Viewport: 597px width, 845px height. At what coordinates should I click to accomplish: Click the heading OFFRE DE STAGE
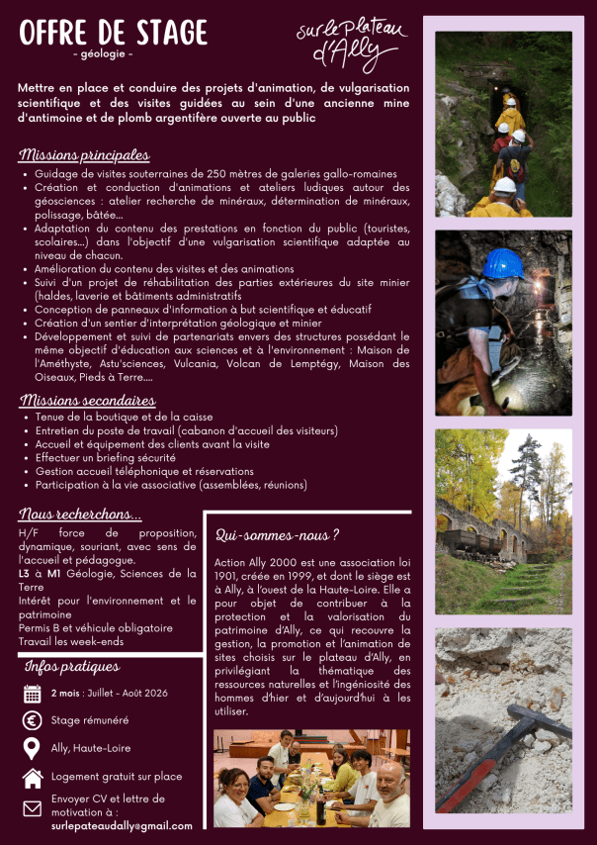coord(113,32)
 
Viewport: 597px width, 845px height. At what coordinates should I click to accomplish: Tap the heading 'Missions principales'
coord(84,156)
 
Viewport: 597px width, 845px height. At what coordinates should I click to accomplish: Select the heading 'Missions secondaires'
coord(87,401)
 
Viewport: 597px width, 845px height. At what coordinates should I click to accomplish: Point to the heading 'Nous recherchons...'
coord(80,515)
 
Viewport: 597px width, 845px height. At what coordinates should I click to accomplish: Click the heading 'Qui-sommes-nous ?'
coord(278,535)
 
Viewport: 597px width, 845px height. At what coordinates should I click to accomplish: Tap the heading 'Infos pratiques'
coord(71,667)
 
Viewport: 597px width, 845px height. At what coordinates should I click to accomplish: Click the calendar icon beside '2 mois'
coord(33,693)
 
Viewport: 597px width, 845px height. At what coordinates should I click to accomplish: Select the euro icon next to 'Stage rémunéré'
coord(33,720)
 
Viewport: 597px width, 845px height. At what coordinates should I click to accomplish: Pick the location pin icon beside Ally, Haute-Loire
coord(33,748)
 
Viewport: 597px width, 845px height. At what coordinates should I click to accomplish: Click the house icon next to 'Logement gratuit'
coord(33,778)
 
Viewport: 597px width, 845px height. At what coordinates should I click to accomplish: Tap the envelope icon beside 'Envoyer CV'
coord(33,809)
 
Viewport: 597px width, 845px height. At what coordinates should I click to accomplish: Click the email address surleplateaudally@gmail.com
coord(122,825)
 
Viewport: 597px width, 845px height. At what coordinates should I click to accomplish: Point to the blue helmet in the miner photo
coord(504,263)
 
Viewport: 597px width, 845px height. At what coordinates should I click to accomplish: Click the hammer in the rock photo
coord(514,752)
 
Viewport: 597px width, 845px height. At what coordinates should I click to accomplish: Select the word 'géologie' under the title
coord(103,52)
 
